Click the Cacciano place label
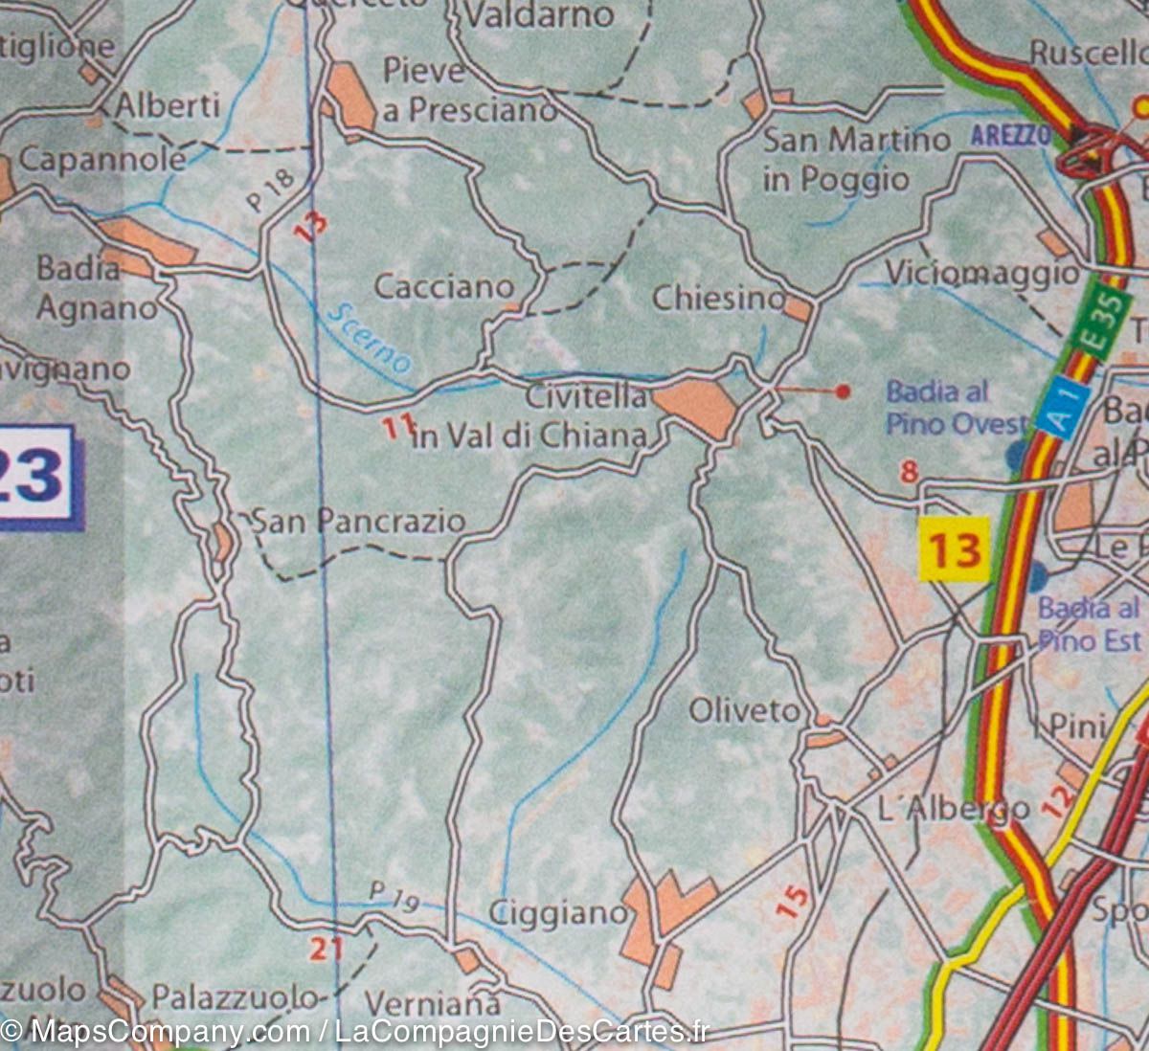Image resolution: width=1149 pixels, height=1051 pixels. (x=443, y=286)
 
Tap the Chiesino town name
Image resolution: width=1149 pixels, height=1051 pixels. (x=718, y=299)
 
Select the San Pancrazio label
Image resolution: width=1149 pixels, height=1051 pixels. (x=357, y=522)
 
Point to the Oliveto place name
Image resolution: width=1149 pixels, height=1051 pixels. (x=743, y=710)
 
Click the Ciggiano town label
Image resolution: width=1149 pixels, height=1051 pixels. (x=557, y=913)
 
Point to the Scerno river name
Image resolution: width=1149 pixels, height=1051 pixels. (x=369, y=338)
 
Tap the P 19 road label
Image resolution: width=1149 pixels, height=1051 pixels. (x=394, y=897)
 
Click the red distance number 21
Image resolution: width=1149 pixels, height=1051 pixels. (x=326, y=948)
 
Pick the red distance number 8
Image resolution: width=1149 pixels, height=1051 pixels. (x=909, y=471)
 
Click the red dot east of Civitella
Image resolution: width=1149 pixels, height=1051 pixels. (x=843, y=391)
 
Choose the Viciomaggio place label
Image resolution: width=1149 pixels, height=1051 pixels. (x=981, y=273)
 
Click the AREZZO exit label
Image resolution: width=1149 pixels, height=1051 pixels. (x=1011, y=135)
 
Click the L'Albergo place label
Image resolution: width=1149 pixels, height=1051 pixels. (x=953, y=809)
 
